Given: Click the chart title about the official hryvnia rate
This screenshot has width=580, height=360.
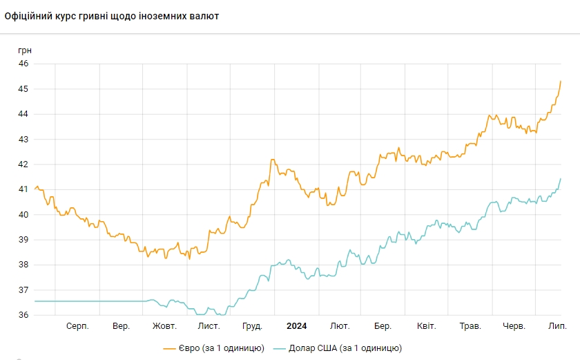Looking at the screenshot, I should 112,16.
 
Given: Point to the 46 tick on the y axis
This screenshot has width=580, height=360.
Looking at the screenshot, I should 23,64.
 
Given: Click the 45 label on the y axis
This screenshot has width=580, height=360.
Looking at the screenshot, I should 23,89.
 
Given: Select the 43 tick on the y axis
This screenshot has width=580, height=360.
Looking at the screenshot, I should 23,139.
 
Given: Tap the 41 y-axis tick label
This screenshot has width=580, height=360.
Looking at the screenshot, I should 23,189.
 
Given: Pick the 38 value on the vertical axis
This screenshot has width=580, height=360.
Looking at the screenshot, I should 23,265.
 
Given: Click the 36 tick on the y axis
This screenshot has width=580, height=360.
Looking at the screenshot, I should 23,315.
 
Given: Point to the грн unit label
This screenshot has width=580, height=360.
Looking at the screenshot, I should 25,50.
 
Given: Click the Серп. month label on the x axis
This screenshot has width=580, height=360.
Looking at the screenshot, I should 77,325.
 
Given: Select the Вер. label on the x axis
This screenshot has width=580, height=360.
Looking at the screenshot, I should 121,325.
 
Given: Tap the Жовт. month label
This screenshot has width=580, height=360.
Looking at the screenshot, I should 164,325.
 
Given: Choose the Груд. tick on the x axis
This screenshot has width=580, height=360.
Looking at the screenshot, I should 252,325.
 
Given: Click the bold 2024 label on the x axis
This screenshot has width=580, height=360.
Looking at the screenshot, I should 296,325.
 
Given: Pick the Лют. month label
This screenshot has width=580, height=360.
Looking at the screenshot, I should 340,325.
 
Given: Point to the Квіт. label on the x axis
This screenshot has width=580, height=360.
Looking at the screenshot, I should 427,325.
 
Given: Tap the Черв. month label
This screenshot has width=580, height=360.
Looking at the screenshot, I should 514,325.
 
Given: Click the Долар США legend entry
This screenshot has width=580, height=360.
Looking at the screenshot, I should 338,348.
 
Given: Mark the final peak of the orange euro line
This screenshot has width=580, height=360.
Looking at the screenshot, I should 560,82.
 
